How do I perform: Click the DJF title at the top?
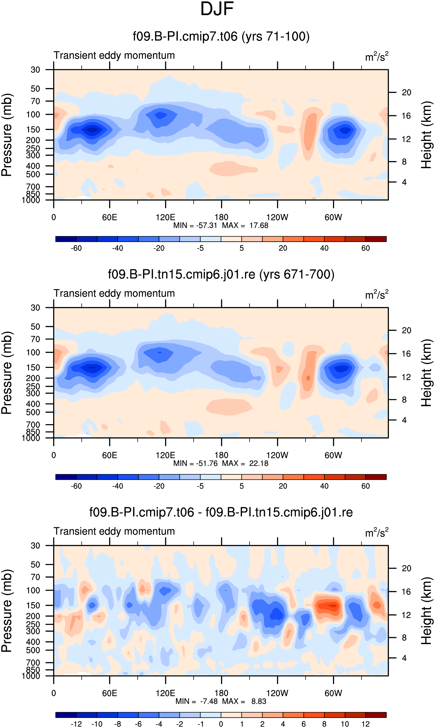[217, 9]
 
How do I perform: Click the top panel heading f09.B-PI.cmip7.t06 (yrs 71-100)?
[221, 37]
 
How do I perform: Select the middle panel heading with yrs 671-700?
[221, 274]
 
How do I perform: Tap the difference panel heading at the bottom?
[221, 512]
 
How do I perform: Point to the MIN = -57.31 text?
[195, 225]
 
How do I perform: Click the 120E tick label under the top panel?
[165, 217]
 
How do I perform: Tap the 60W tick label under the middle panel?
[333, 455]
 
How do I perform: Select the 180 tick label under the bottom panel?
[221, 693]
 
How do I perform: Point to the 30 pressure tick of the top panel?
[35, 70]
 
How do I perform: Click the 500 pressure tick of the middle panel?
[33, 412]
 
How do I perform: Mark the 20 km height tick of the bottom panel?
[406, 568]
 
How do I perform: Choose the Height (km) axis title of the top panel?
[426, 135]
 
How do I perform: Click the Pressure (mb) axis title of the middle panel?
[7, 373]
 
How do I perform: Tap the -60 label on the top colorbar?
[76, 248]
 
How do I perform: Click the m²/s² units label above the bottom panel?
[377, 532]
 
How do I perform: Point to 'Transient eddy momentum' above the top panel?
[114, 55]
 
